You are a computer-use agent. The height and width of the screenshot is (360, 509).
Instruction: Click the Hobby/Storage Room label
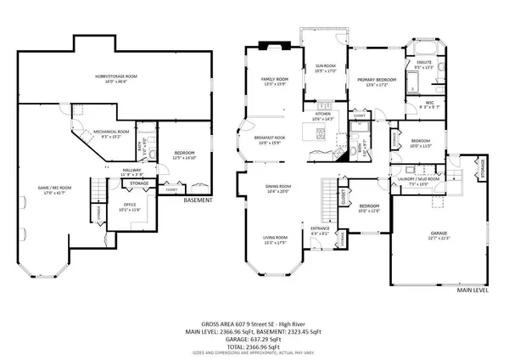[111, 80]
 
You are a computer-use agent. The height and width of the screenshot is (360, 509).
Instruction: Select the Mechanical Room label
[111, 133]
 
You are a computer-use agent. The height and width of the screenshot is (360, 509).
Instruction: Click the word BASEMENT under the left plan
[198, 200]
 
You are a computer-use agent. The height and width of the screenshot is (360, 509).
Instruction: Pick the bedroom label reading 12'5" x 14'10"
[184, 155]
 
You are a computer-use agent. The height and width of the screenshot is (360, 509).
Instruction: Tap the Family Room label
[276, 82]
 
